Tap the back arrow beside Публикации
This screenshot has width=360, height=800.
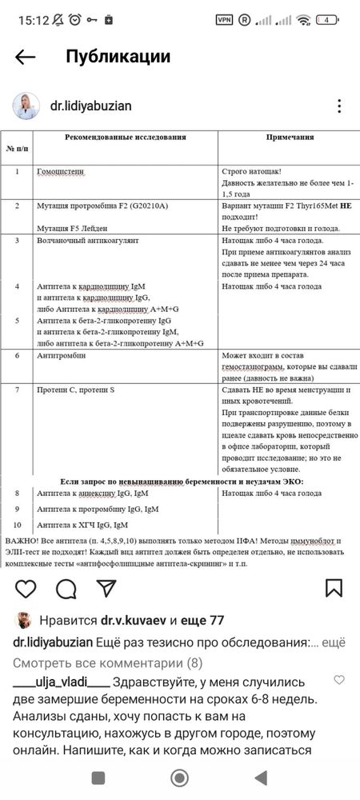(x=26, y=57)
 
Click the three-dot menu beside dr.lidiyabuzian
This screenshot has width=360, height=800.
(x=339, y=106)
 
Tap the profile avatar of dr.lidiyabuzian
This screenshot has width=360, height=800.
(x=25, y=106)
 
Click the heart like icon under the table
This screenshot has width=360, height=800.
(x=26, y=589)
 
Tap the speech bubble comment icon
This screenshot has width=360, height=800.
(x=66, y=589)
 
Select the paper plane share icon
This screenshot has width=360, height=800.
(x=106, y=589)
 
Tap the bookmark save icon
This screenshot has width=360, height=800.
(x=334, y=589)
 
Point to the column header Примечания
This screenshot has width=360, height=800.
(x=290, y=137)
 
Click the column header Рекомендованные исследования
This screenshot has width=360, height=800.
(x=125, y=137)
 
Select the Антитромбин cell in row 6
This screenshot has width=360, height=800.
(x=59, y=354)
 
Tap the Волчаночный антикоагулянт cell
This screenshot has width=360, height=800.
(x=88, y=240)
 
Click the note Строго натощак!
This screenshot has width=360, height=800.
(x=250, y=172)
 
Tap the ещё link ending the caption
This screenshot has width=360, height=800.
(x=338, y=642)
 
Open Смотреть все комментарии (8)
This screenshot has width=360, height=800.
(x=107, y=662)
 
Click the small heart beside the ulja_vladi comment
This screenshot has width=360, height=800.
(x=338, y=680)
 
